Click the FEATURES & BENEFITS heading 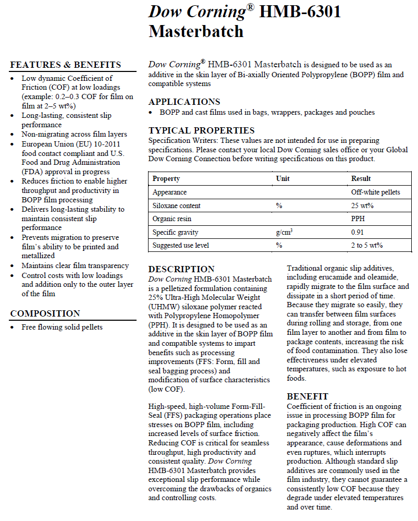[66, 65]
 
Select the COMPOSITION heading [45, 313]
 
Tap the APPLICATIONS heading [184, 102]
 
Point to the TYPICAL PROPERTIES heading [201, 130]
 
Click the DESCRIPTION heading [181, 269]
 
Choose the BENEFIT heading [308, 396]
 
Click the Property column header [166, 179]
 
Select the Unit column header [282, 179]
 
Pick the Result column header [361, 179]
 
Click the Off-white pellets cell [375, 192]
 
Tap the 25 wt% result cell [362, 206]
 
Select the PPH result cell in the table [358, 219]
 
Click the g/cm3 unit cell [284, 232]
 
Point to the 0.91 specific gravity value [358, 233]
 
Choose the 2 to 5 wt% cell [367, 246]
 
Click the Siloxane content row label [177, 206]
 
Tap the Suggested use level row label [180, 246]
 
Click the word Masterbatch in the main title [196, 31]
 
